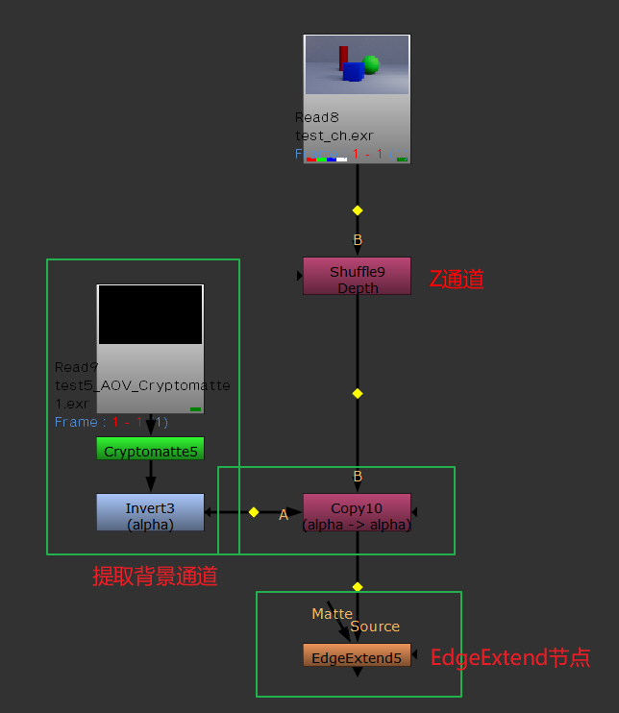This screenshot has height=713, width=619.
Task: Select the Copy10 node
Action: click(x=357, y=512)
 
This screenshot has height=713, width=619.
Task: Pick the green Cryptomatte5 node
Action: click(x=150, y=449)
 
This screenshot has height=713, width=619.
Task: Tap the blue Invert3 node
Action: click(x=150, y=512)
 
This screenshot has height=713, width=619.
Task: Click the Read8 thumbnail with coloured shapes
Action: click(x=357, y=65)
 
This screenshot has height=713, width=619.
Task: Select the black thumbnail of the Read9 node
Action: click(x=150, y=314)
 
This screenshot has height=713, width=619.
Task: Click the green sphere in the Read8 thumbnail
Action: click(x=370, y=64)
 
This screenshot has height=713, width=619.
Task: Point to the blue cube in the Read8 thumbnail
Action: click(x=353, y=72)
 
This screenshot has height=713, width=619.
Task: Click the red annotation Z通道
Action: click(x=457, y=280)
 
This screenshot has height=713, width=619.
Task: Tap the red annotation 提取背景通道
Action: click(x=155, y=577)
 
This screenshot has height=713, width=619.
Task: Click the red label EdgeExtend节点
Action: click(x=509, y=658)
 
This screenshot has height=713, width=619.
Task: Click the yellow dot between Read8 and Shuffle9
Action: click(x=358, y=209)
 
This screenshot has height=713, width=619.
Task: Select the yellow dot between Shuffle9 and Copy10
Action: click(x=358, y=393)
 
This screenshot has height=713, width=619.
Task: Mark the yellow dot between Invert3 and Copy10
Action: click(x=254, y=512)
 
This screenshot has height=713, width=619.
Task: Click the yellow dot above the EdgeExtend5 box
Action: click(x=358, y=586)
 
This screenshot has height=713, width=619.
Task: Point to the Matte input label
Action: click(x=332, y=613)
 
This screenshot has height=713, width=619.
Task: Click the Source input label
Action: click(x=375, y=627)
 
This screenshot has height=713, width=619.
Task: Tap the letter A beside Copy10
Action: click(x=284, y=516)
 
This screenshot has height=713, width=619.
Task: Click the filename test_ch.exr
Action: click(x=334, y=135)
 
